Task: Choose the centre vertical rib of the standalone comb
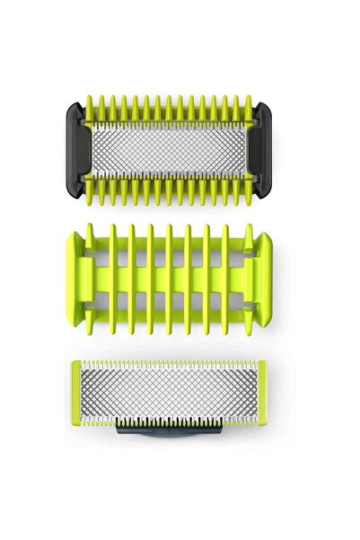[170, 270]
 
